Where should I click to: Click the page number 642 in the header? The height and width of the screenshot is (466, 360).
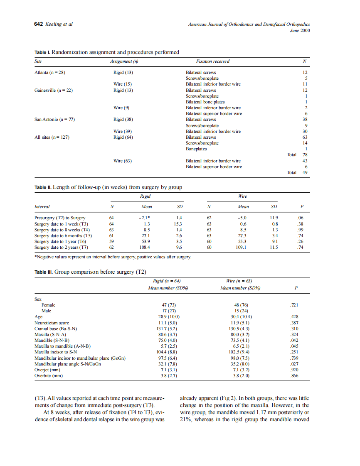tap(38, 24)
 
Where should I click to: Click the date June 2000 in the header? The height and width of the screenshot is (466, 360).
tap(300, 30)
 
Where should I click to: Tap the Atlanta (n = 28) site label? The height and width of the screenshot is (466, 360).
tap(50, 72)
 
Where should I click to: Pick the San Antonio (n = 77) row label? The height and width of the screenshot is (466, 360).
tap(54, 120)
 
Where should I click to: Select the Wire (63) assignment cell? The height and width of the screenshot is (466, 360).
tap(123, 161)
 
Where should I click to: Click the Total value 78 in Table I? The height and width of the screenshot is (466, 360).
tap(305, 155)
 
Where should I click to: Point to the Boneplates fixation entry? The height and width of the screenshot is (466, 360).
tap(196, 149)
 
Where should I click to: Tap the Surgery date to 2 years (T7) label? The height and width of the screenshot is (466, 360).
tap(61, 247)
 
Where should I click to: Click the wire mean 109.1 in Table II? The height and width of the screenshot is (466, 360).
tap(241, 247)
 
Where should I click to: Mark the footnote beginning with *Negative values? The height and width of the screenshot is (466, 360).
tap(113, 257)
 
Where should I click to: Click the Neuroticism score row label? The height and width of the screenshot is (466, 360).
tap(52, 322)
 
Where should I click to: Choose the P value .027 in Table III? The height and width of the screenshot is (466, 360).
tap(294, 364)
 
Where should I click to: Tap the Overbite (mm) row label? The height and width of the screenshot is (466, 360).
tap(49, 375)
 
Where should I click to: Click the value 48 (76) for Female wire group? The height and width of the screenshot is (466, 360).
tap(242, 305)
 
